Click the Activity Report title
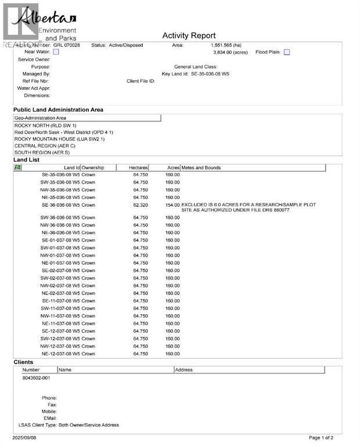[x=189, y=36]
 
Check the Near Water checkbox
[x=56, y=52]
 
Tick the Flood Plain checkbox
[x=287, y=52]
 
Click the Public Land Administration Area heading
[x=59, y=109]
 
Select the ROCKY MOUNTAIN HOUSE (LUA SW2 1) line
[x=59, y=139]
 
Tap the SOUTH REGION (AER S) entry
[x=42, y=152]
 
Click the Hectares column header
[x=139, y=168]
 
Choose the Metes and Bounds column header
[x=201, y=168]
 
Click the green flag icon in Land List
[x=17, y=167]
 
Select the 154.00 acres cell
[x=172, y=205]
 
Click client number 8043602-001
[x=36, y=377]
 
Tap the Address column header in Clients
[x=184, y=370]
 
